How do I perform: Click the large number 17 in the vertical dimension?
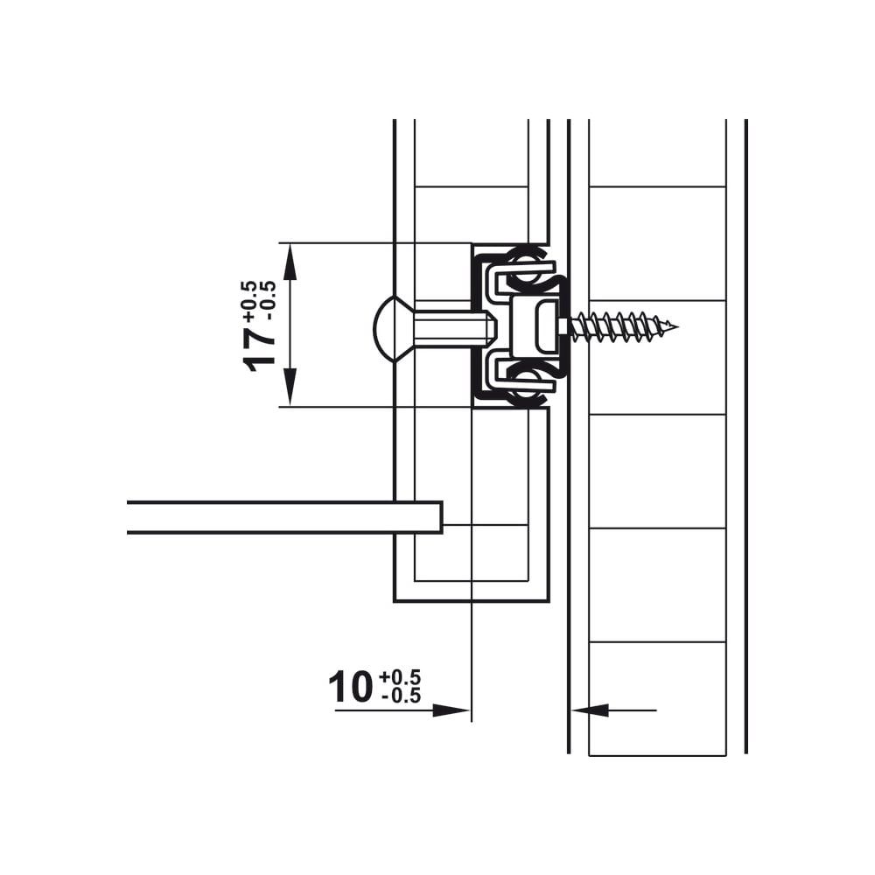coord(259,349)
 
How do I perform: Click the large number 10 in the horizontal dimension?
coord(351,688)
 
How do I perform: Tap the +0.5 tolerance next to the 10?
coord(400,677)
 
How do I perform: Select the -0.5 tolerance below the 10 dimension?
coord(401,696)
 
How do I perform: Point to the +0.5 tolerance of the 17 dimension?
coord(249,301)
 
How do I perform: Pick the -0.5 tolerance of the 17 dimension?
coord(268,300)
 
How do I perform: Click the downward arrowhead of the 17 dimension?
coord(289,387)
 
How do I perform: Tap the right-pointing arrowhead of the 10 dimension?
coord(451,710)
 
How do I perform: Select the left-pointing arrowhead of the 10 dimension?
coord(591,710)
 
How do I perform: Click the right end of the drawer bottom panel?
coord(442,517)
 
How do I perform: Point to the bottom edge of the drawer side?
coord(472,602)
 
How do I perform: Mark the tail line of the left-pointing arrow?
coord(633,710)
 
